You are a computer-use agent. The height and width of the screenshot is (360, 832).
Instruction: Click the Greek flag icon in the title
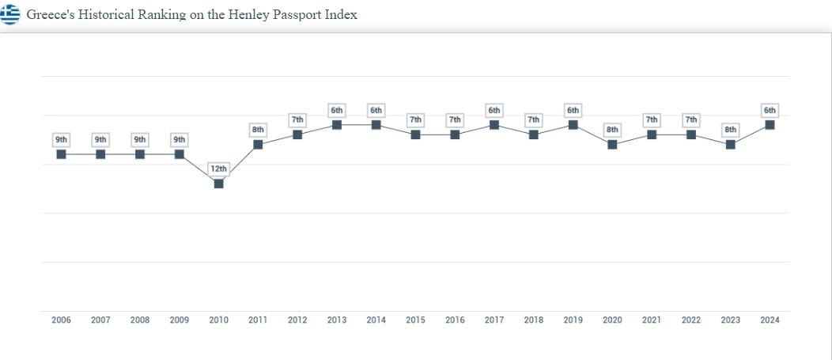coord(9,14)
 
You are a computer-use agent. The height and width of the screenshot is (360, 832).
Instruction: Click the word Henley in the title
coord(250,14)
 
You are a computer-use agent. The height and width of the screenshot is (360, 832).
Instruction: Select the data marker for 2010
coord(219,184)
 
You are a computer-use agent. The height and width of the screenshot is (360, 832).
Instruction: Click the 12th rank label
coord(219,169)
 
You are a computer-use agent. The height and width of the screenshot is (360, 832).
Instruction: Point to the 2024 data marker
coord(770,125)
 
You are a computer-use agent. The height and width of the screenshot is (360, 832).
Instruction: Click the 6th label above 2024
coord(770,110)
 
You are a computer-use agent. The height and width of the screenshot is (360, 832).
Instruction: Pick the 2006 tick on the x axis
coord(62,320)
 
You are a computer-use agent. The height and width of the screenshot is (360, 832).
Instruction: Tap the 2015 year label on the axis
coord(415,320)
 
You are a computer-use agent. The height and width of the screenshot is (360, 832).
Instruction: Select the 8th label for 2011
coord(258,129)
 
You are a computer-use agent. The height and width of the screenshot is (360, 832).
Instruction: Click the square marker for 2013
coord(337,125)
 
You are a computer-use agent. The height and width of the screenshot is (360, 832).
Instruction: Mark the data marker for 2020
coord(612,144)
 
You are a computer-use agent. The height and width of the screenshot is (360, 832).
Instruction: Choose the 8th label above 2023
coord(731,129)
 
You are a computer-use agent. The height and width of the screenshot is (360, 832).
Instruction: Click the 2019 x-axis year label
coord(573,320)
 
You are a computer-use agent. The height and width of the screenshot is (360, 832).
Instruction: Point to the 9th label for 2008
coord(140,139)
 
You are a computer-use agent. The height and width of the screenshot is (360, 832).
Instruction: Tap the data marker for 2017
coord(494,125)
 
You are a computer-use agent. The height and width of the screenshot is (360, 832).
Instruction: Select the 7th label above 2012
coord(297,119)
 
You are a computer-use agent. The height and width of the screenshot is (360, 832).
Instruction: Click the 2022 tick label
coord(691,320)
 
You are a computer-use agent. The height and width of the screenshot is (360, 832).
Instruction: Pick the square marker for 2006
coord(62,154)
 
